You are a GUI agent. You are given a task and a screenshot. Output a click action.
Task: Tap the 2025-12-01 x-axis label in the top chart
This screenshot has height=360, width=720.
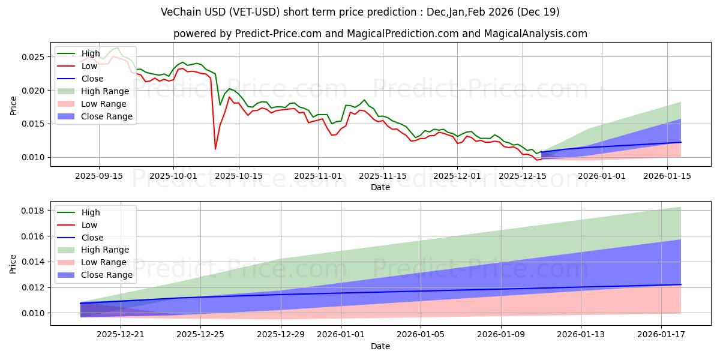[457, 176]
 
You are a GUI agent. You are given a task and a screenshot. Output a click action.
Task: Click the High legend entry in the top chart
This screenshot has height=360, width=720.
[91, 53]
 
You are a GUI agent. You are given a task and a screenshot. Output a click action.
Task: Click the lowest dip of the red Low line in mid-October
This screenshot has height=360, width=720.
[215, 149]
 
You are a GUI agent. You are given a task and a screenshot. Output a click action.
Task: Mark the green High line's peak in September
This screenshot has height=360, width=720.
[117, 47]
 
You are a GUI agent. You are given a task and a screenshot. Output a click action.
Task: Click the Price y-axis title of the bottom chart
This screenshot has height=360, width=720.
[13, 263]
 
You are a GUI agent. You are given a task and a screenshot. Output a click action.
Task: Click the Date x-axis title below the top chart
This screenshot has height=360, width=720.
[380, 187]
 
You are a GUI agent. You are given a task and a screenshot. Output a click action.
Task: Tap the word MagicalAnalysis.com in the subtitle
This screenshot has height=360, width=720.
[526, 34]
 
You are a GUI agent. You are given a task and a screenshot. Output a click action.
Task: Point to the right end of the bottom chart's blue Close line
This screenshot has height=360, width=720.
[681, 284]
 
